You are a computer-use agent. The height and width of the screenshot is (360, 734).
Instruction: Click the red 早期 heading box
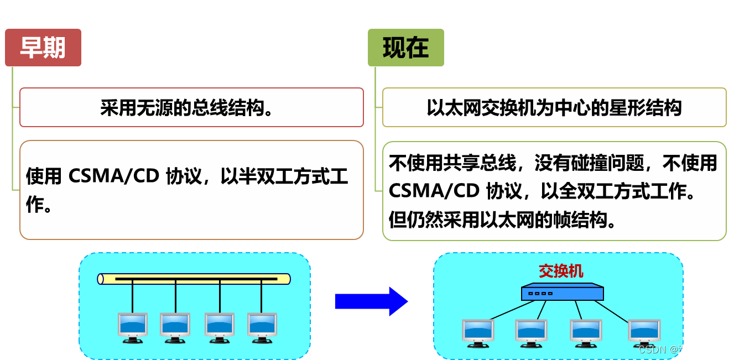click(43, 48)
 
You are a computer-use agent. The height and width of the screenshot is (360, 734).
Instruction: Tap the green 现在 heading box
click(406, 48)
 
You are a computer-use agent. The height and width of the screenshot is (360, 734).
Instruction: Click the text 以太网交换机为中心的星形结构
click(554, 107)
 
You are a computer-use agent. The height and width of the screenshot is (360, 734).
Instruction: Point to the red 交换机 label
click(561, 271)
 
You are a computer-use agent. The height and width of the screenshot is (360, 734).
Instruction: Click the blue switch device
click(562, 292)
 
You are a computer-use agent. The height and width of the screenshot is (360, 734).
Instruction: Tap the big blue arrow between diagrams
click(371, 301)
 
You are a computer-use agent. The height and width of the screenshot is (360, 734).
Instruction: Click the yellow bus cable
click(194, 279)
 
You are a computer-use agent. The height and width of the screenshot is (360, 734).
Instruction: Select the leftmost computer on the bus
click(133, 327)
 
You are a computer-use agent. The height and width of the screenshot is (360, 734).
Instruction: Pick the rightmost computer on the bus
click(262, 327)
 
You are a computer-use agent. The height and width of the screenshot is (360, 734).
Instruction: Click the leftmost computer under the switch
click(478, 332)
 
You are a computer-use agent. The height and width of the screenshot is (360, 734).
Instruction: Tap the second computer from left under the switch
click(531, 332)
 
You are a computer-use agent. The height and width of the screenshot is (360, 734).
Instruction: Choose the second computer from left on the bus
click(175, 327)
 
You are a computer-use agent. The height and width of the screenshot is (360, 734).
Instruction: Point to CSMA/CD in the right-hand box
click(433, 191)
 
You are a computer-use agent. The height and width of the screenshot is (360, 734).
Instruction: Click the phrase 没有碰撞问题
click(589, 163)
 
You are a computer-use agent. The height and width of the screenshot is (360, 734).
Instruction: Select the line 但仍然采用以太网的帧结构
click(502, 220)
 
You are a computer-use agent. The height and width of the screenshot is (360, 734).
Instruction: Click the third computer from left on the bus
click(220, 327)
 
